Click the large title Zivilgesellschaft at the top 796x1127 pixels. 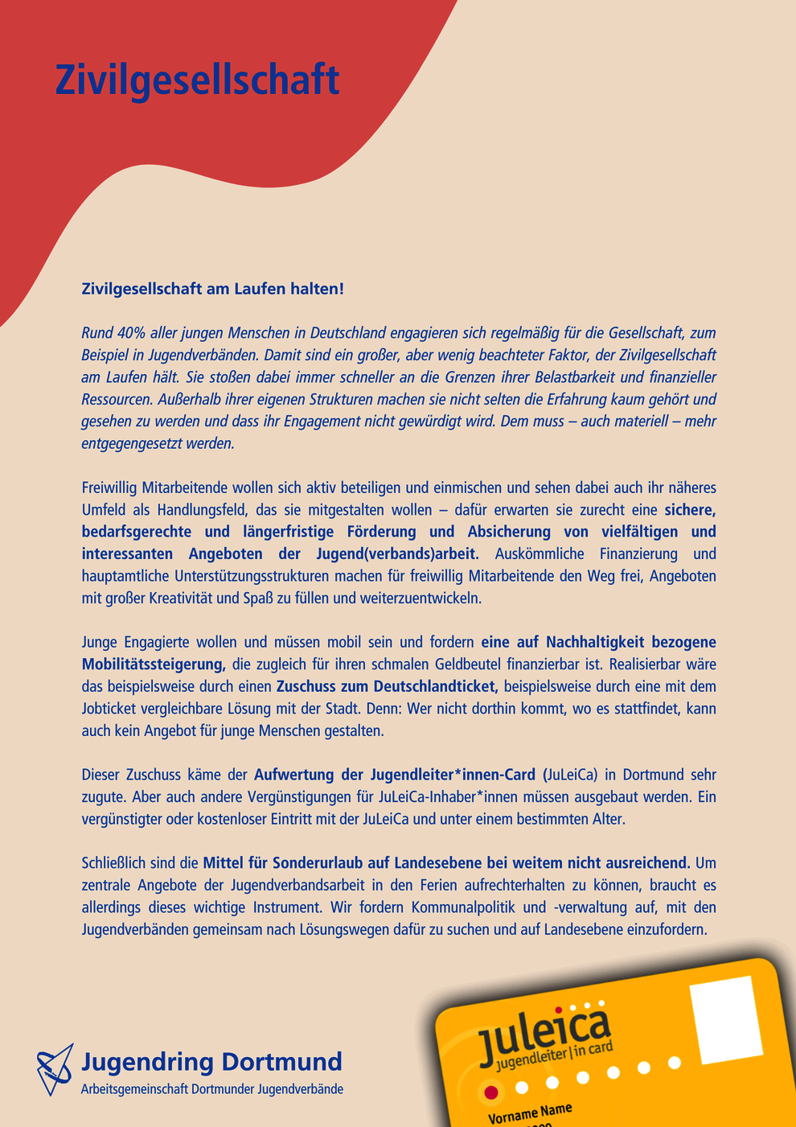pos(197,80)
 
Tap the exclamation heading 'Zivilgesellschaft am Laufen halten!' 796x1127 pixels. pos(212,289)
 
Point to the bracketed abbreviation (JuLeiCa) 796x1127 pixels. pos(570,775)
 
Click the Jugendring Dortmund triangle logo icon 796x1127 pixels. pos(55,1070)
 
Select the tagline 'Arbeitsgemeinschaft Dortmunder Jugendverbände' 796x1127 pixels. pos(212,1089)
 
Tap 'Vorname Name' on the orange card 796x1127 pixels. pos(530,1113)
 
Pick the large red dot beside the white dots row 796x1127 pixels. pos(490,1092)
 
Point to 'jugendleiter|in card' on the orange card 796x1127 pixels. pos(554,1056)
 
